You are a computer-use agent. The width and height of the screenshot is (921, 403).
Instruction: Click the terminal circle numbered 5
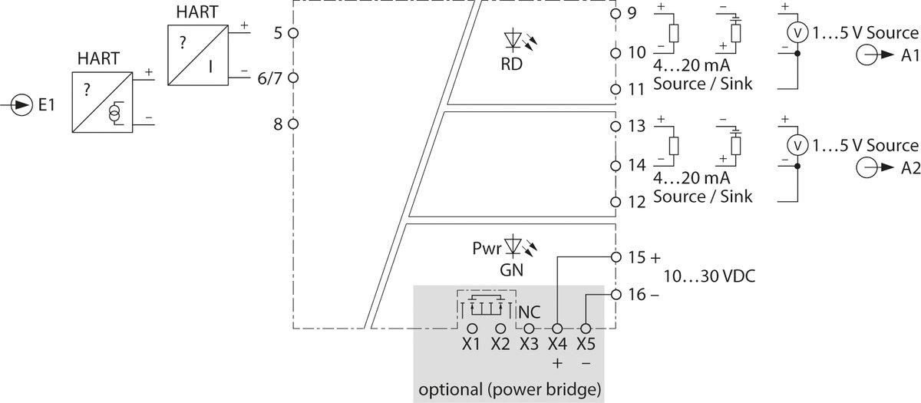click(294, 34)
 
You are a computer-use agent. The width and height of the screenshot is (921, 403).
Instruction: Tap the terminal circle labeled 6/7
click(294, 78)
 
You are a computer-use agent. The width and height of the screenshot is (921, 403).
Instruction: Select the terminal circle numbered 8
click(294, 122)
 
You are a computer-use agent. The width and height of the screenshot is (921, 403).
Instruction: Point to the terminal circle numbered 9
click(615, 14)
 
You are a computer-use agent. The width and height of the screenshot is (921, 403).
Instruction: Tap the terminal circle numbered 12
click(615, 201)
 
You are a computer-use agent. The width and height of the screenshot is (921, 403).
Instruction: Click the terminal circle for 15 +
click(615, 257)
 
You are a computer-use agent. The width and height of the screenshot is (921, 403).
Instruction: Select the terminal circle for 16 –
click(615, 294)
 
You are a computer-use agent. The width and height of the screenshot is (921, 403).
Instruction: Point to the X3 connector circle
click(528, 328)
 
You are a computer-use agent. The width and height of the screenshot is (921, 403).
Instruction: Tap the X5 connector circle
click(586, 328)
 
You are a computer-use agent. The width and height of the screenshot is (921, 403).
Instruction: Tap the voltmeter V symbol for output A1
click(797, 32)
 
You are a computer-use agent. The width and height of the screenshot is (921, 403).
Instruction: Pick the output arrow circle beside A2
click(867, 170)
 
